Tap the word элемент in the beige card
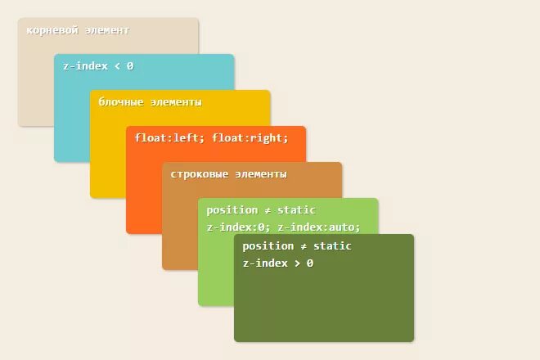point(108,30)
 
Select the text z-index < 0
point(98,66)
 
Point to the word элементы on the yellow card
point(176,102)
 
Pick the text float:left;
point(170,138)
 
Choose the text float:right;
point(250,138)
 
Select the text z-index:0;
point(239,227)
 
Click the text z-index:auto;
point(318,227)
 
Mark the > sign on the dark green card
point(295,263)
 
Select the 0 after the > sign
point(310,263)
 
